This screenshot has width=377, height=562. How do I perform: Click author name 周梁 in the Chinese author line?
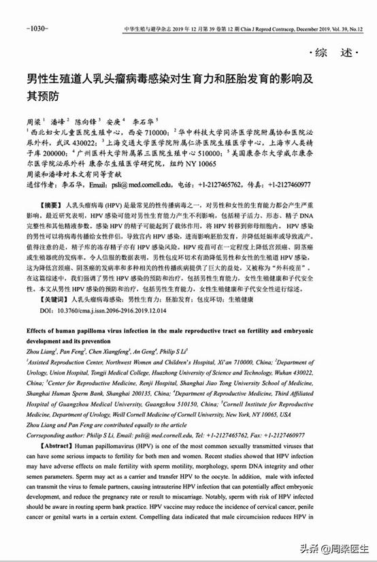pyautogui.click(x=33, y=119)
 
